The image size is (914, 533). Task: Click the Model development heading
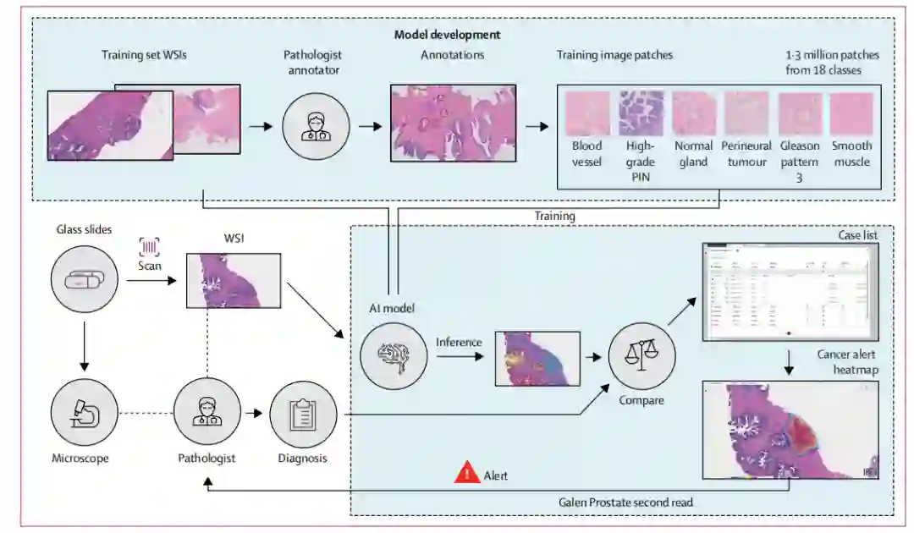(447, 35)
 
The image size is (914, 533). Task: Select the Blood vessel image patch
(586, 114)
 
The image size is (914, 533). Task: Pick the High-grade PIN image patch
(640, 114)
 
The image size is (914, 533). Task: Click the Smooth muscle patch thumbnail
(851, 114)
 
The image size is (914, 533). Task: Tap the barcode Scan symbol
(150, 247)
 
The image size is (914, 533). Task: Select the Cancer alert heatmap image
(790, 430)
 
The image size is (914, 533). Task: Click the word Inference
(459, 343)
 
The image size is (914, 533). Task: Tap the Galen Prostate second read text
(625, 503)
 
